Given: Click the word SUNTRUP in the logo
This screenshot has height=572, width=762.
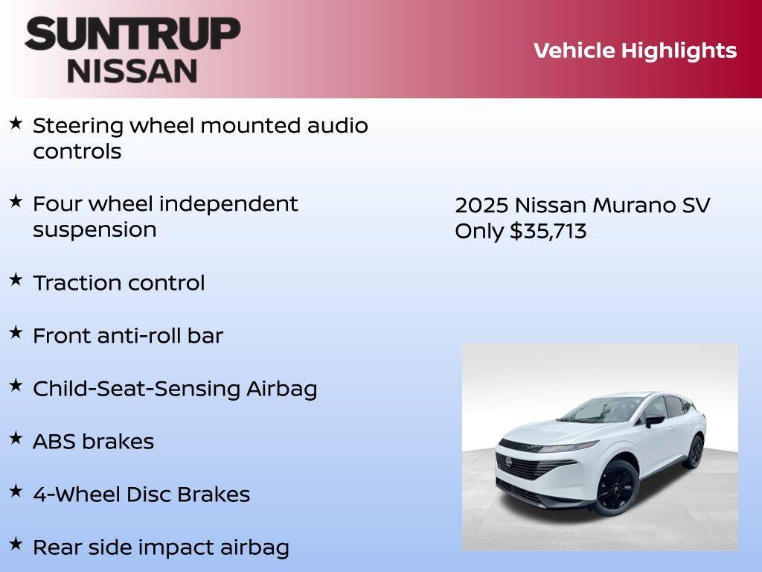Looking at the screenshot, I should click(x=132, y=34).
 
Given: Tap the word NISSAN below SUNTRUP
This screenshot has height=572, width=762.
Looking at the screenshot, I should click(x=132, y=71).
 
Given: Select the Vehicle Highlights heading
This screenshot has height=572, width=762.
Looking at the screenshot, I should click(x=635, y=51).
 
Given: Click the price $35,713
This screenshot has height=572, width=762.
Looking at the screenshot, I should click(x=548, y=231).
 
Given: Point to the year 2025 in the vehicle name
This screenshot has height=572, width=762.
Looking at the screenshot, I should click(x=482, y=206).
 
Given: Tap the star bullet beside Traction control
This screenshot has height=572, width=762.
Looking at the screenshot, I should click(x=16, y=280).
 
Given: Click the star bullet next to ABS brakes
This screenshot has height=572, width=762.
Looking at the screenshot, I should click(x=16, y=439).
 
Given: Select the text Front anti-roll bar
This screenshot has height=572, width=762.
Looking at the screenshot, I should click(x=127, y=336).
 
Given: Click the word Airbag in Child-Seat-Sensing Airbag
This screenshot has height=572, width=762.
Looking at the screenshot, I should click(x=282, y=389).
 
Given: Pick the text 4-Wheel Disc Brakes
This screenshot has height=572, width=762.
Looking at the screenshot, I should click(x=141, y=495).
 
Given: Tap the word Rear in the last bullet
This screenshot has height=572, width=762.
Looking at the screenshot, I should click(x=57, y=547).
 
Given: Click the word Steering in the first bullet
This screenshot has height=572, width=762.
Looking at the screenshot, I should click(x=78, y=126).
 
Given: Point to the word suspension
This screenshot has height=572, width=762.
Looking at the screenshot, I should click(x=95, y=229).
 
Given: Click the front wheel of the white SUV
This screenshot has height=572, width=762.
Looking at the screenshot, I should click(x=617, y=486).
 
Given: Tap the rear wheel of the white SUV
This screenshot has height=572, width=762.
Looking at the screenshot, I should click(x=694, y=452).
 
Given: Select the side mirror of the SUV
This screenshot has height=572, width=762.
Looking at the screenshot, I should click(x=654, y=421).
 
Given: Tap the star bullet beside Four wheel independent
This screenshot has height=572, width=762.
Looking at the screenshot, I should click(x=16, y=201).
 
